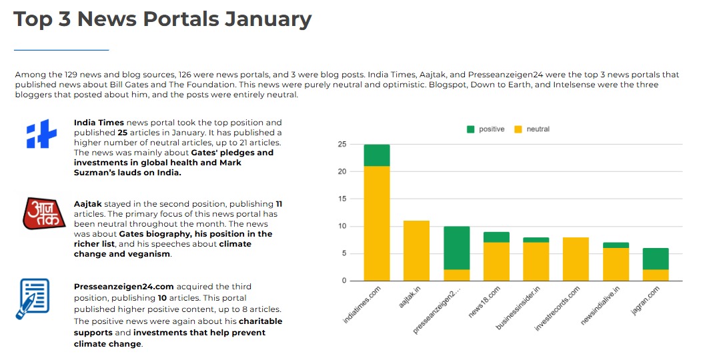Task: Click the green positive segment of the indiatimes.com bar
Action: (377, 155)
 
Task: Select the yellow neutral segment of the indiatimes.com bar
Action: (377, 223)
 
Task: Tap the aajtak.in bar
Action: (416, 251)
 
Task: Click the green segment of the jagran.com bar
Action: (656, 259)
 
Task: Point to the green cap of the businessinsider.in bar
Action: (536, 240)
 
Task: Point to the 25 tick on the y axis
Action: (341, 144)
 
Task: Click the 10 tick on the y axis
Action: (341, 226)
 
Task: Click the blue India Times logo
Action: (41, 135)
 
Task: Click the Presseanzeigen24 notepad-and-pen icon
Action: (33, 299)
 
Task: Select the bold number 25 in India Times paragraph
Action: (123, 133)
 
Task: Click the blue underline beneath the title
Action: (61, 50)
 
